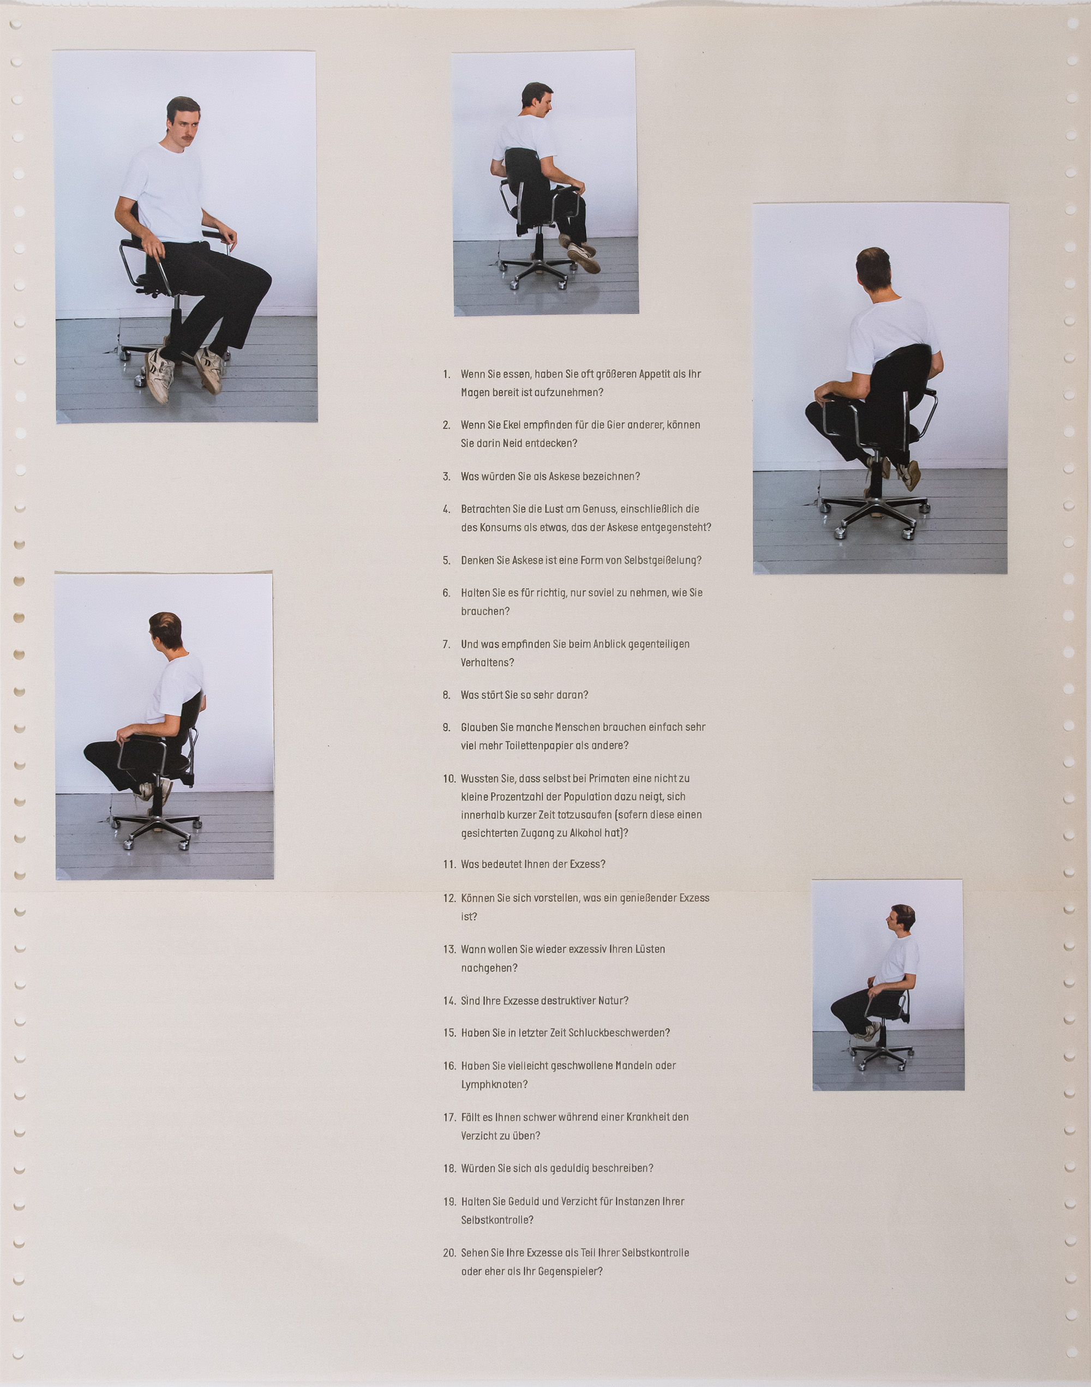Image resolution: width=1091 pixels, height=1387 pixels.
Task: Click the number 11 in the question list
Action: tap(449, 864)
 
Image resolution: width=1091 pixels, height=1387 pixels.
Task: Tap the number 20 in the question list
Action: tap(449, 1253)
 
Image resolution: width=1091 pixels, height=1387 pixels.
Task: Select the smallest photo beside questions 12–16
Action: tap(888, 984)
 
